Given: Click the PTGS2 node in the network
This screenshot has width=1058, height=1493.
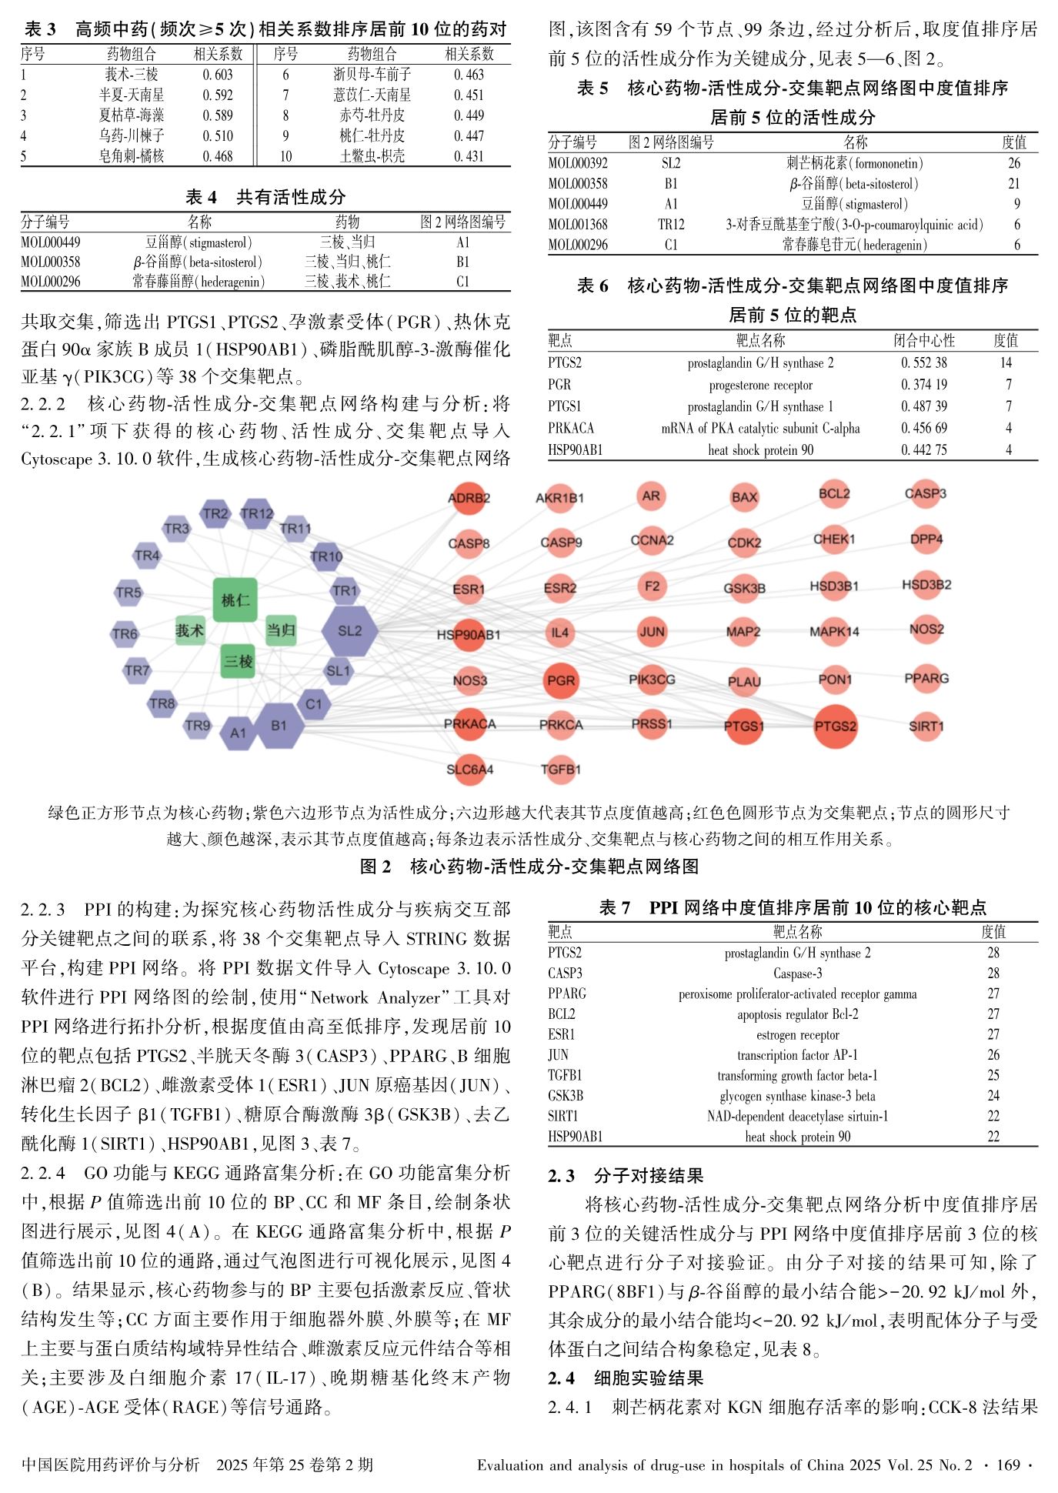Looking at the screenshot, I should [x=835, y=726].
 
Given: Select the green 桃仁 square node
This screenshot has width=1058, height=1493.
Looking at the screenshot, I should [x=235, y=600].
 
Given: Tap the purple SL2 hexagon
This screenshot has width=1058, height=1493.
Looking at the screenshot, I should [x=349, y=631].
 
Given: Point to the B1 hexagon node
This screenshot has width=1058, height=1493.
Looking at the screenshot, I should [x=279, y=725].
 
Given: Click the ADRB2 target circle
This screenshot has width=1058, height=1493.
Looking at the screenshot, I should [x=469, y=498].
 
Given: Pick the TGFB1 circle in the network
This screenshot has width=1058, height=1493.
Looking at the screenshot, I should [x=560, y=769].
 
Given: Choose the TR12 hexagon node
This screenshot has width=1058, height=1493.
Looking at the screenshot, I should [x=257, y=513].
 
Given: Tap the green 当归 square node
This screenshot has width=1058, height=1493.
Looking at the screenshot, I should [x=281, y=630].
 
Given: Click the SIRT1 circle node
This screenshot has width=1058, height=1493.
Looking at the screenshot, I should [x=926, y=726].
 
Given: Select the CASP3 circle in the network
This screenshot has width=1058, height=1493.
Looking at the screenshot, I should [x=925, y=494].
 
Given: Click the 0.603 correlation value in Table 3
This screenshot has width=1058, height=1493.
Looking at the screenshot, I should [x=218, y=75].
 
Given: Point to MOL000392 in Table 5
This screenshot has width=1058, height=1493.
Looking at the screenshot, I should [x=578, y=163].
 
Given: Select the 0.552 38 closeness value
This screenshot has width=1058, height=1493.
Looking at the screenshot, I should [x=924, y=362].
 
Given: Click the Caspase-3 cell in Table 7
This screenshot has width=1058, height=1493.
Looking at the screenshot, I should [x=797, y=974].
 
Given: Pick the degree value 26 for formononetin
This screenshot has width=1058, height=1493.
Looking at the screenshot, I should [x=1014, y=163].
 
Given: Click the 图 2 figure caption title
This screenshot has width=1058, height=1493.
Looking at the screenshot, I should [x=529, y=867].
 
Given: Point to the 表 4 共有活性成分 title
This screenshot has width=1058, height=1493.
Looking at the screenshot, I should [x=265, y=197].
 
